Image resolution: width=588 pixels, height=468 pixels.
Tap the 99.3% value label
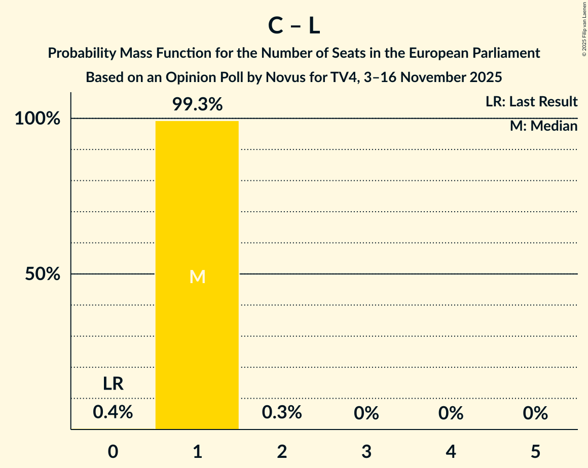[197, 104]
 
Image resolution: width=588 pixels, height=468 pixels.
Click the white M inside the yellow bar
[197, 277]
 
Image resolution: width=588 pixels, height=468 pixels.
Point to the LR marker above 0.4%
[113, 384]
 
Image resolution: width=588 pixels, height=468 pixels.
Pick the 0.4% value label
[113, 413]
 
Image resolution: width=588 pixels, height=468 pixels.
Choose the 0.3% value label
[282, 413]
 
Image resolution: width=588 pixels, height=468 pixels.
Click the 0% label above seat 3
[366, 413]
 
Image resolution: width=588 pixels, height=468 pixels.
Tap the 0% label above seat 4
[451, 413]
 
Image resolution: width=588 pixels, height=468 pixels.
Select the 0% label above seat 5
[536, 413]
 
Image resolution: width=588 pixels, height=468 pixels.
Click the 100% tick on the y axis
[38, 119]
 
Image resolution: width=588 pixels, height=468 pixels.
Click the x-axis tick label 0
[113, 451]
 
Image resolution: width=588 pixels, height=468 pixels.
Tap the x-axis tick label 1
[197, 451]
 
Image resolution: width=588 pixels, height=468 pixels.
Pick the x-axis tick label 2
[282, 451]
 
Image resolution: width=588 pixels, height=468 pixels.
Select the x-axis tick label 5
[536, 451]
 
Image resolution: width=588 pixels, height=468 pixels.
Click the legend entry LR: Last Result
[531, 102]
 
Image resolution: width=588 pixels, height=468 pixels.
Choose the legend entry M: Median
[543, 126]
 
